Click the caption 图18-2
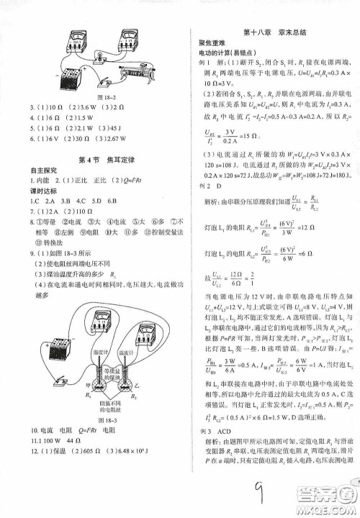[103, 96]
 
